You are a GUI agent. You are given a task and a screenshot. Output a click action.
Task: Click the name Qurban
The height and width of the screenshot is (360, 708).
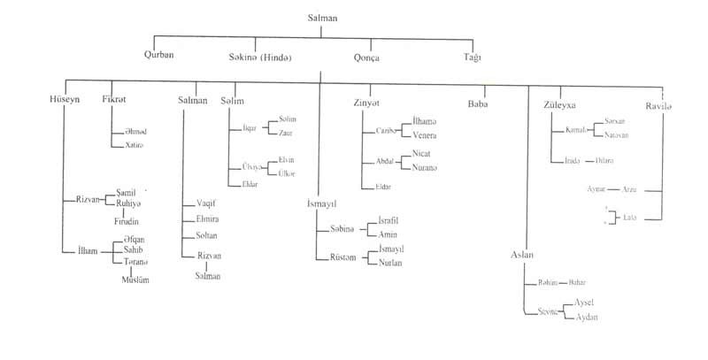[x=159, y=55]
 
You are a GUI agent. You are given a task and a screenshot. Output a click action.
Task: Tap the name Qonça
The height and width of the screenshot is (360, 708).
[x=366, y=55]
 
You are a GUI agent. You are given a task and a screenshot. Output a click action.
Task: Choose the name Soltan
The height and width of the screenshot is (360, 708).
[x=207, y=236]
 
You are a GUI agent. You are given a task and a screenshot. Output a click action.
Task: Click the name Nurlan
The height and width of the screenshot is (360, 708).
[x=391, y=264]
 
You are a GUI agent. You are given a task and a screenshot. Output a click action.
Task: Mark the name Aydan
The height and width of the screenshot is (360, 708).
[x=587, y=317]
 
